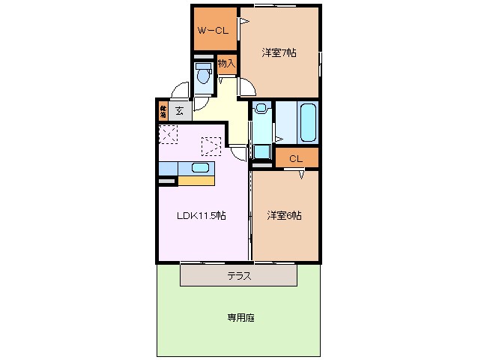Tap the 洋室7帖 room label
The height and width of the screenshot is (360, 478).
tap(278, 52)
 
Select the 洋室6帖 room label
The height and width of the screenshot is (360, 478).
tap(284, 216)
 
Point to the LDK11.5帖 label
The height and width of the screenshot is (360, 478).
tap(201, 216)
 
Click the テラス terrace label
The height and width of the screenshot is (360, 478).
tap(238, 276)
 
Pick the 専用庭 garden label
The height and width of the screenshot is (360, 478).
tap(240, 318)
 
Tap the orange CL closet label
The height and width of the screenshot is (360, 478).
tap(296, 159)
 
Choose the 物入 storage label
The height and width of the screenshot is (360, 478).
tap(226, 64)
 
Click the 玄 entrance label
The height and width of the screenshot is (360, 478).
tap(179, 111)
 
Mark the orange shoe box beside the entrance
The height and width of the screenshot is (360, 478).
tap(163, 112)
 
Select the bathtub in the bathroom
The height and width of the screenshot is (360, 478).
tap(308, 122)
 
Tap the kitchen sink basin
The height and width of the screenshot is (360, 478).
tap(201, 168)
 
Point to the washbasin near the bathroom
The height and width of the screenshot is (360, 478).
tap(260, 109)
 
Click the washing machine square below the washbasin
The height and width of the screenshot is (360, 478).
tap(261, 151)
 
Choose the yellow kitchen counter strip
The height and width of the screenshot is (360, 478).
tap(196, 180)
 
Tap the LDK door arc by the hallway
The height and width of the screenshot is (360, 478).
tap(238, 153)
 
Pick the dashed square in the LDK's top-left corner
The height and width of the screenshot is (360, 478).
tap(168, 134)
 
